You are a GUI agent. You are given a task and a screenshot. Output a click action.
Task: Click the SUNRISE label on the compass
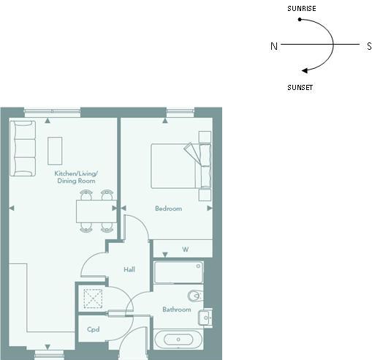[x=302, y=9]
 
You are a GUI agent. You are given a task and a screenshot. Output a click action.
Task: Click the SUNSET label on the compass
[x=300, y=88]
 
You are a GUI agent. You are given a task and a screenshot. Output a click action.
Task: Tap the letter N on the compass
[x=274, y=46]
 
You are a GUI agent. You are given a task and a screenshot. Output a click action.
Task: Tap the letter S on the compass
[x=369, y=46]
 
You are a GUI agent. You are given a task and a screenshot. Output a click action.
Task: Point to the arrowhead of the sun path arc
[x=305, y=70]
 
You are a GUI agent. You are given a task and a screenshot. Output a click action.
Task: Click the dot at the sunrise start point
[x=300, y=19]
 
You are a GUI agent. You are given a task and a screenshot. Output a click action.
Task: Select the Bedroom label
[x=168, y=209]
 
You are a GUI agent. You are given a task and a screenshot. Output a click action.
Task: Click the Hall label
[x=129, y=269]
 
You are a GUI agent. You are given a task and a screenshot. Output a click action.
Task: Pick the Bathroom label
[x=177, y=310]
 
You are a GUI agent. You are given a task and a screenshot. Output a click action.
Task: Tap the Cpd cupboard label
[x=94, y=329]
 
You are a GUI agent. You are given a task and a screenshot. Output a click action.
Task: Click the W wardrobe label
[x=185, y=250]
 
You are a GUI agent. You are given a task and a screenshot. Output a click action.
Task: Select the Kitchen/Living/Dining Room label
[x=76, y=177]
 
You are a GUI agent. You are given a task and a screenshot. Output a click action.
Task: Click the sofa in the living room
[x=23, y=149]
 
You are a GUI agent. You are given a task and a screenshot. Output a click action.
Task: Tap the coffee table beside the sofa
[x=55, y=151]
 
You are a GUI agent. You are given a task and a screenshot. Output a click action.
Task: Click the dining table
[x=96, y=211]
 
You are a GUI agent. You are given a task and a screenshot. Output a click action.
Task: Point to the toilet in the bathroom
[x=195, y=296]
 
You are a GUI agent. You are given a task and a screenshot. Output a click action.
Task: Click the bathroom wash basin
[x=205, y=318]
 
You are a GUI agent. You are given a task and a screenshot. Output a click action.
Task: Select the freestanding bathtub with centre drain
[x=178, y=340]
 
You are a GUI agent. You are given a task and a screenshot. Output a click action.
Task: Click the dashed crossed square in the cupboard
[x=93, y=299]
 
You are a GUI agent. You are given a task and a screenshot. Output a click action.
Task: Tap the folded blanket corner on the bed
[x=192, y=153]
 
